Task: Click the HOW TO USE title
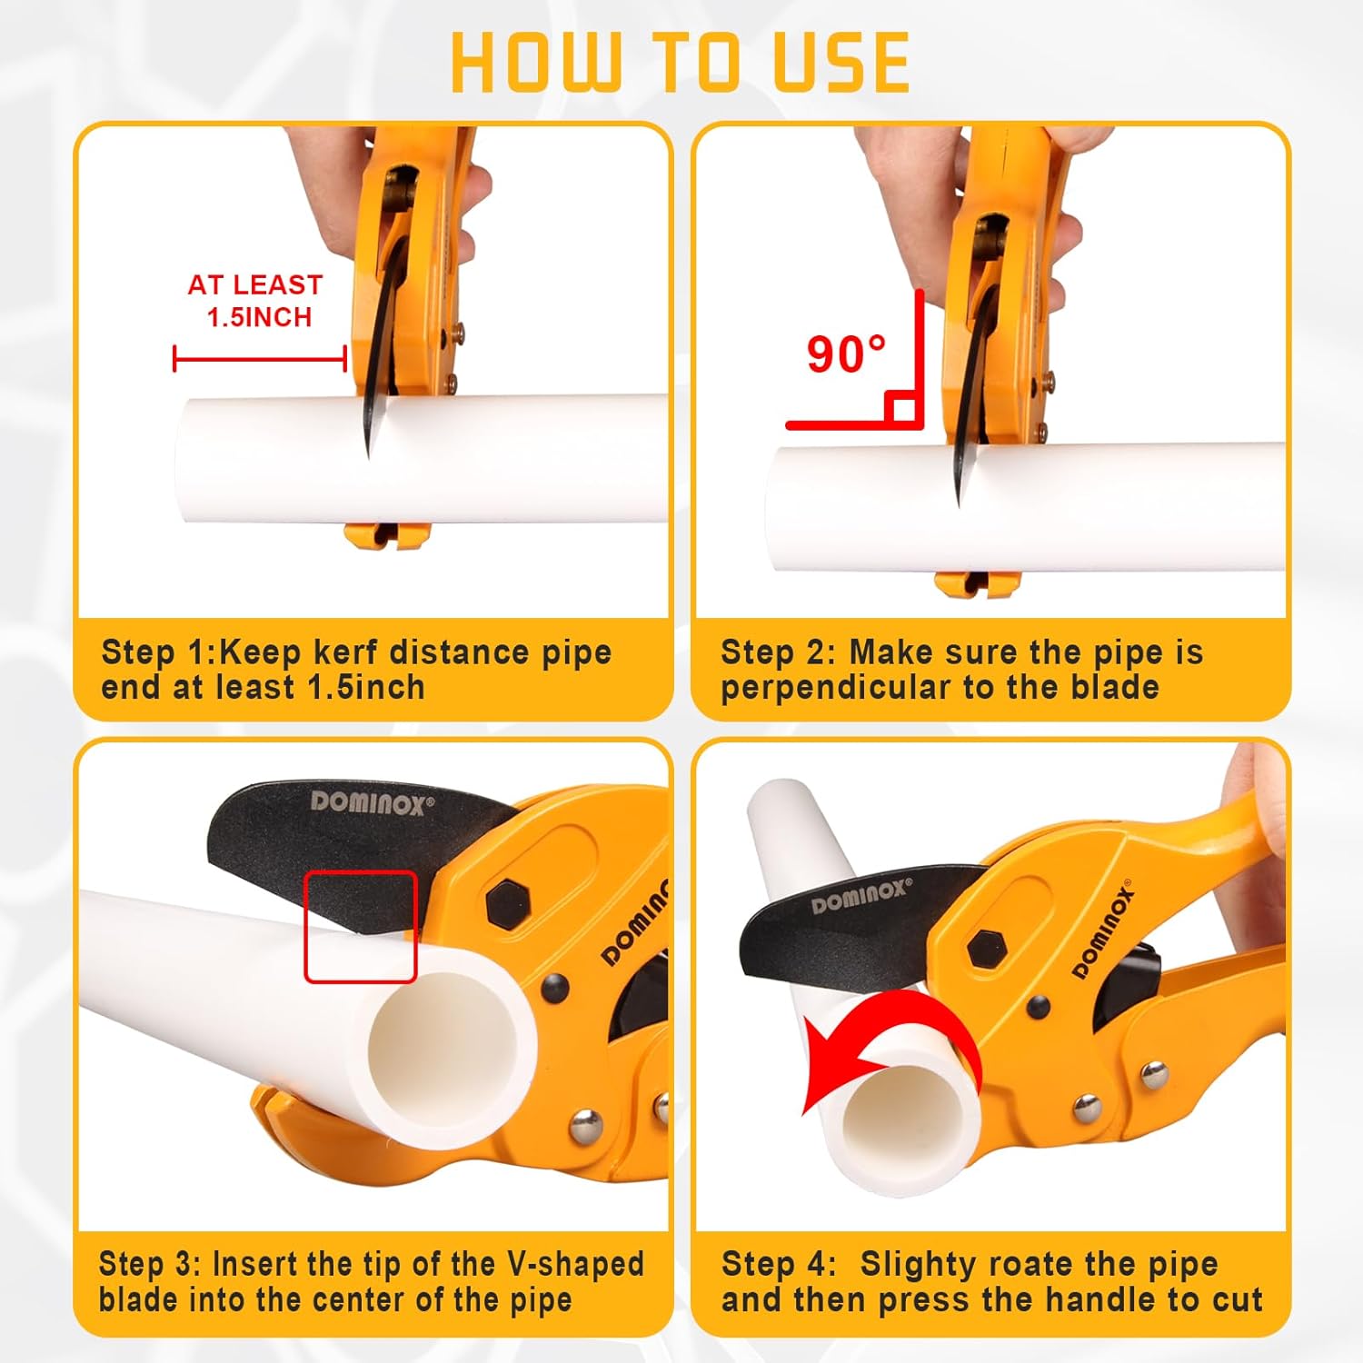tap(680, 62)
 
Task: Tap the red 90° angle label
tap(845, 354)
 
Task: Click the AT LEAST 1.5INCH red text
tap(255, 301)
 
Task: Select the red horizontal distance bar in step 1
tap(260, 359)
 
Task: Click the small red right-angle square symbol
tap(903, 408)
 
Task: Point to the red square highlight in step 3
tap(360, 926)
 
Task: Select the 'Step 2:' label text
tap(778, 652)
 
